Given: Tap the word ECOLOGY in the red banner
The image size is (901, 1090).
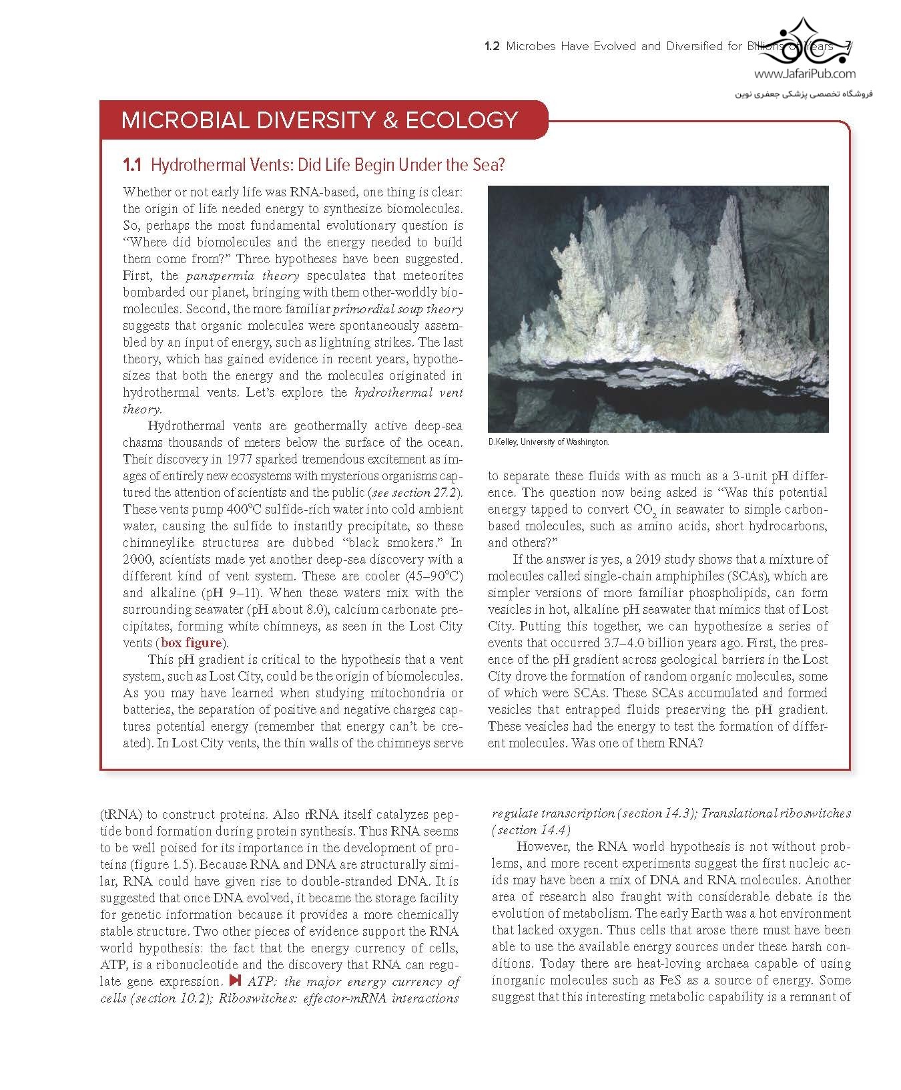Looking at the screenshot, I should tap(464, 120).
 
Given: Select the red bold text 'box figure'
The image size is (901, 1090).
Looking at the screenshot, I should tap(191, 643).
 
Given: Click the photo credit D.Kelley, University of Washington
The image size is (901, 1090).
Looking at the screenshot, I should tap(549, 442).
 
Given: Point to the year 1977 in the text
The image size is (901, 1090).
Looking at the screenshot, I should tap(240, 460).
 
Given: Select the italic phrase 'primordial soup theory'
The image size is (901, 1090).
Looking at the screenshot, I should tap(397, 309).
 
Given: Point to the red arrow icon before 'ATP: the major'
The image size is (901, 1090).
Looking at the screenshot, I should tap(234, 981).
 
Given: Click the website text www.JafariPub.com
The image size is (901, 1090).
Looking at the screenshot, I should tap(805, 75).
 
